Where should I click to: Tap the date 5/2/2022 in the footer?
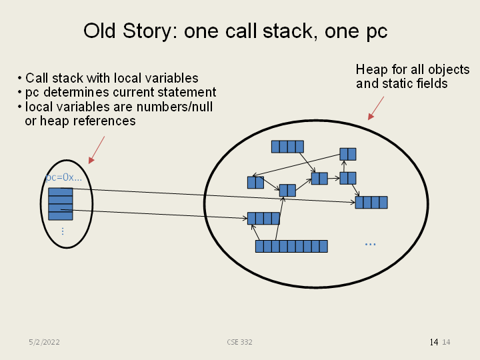click(x=45, y=342)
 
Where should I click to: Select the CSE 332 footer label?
click(x=239, y=342)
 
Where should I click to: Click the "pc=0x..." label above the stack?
click(x=64, y=178)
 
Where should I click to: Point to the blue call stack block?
click(x=61, y=203)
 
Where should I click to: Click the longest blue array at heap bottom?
click(x=291, y=246)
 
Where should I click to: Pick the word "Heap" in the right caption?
click(x=371, y=70)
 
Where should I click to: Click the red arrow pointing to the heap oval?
click(x=376, y=108)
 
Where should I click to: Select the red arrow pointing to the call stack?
click(x=97, y=150)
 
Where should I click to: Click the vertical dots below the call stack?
click(x=63, y=231)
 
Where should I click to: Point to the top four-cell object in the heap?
click(x=287, y=147)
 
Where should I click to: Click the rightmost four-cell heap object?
click(x=371, y=202)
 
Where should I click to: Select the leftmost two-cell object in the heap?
click(x=255, y=182)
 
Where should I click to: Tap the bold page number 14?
click(x=434, y=342)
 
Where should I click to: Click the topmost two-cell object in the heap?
click(x=347, y=154)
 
